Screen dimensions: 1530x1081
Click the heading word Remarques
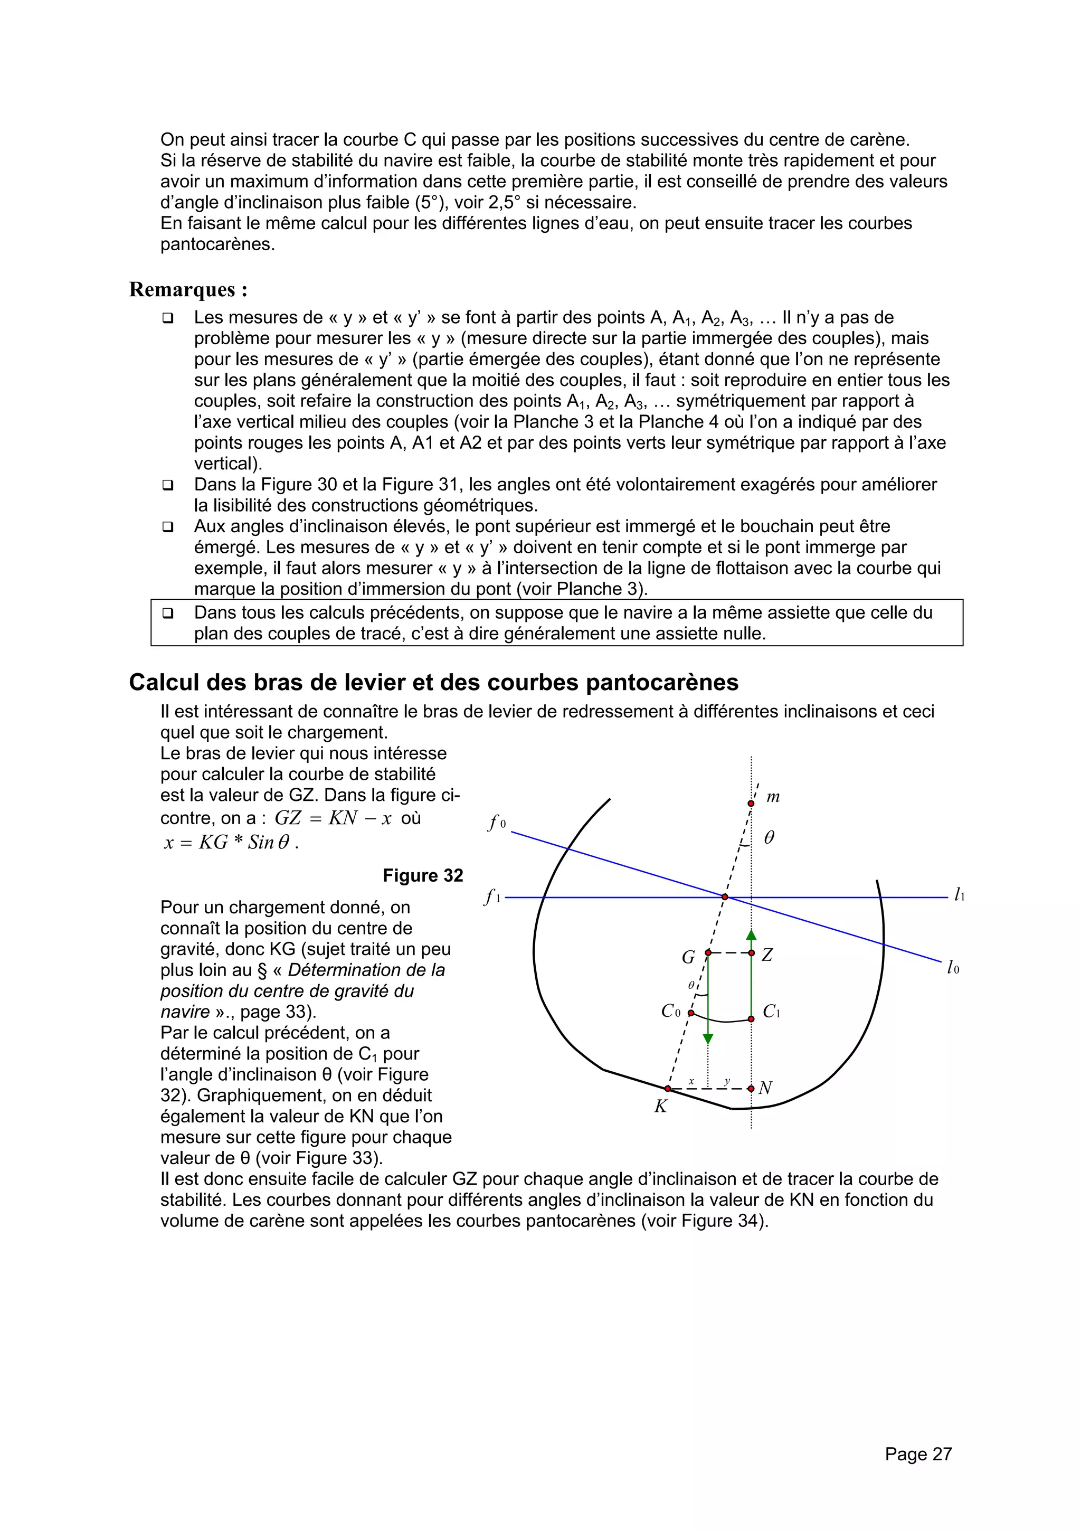click(x=183, y=290)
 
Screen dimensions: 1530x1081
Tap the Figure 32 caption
click(x=423, y=875)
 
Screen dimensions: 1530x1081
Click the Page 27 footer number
click(x=918, y=1453)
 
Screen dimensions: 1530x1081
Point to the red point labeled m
click(x=751, y=804)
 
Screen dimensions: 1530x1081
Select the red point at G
click(x=708, y=953)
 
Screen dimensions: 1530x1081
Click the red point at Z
click(x=751, y=953)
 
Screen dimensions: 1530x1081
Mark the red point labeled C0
click(x=691, y=1013)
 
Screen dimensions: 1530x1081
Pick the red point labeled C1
click(x=751, y=1019)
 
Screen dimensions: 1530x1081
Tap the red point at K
click(x=668, y=1088)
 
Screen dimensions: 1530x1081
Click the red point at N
click(x=751, y=1088)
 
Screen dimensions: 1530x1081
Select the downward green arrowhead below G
click(x=708, y=1039)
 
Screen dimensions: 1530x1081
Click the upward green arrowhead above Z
click(x=751, y=935)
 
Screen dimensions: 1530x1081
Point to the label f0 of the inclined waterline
click(x=497, y=824)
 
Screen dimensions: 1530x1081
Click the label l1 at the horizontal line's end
click(x=959, y=895)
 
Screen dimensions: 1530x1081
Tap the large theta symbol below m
click(x=769, y=838)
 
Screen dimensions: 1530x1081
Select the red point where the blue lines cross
click(x=725, y=897)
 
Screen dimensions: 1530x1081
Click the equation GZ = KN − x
click(x=333, y=818)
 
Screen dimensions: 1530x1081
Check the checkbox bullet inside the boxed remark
click(x=167, y=612)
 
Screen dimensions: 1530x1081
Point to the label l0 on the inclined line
click(x=953, y=968)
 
